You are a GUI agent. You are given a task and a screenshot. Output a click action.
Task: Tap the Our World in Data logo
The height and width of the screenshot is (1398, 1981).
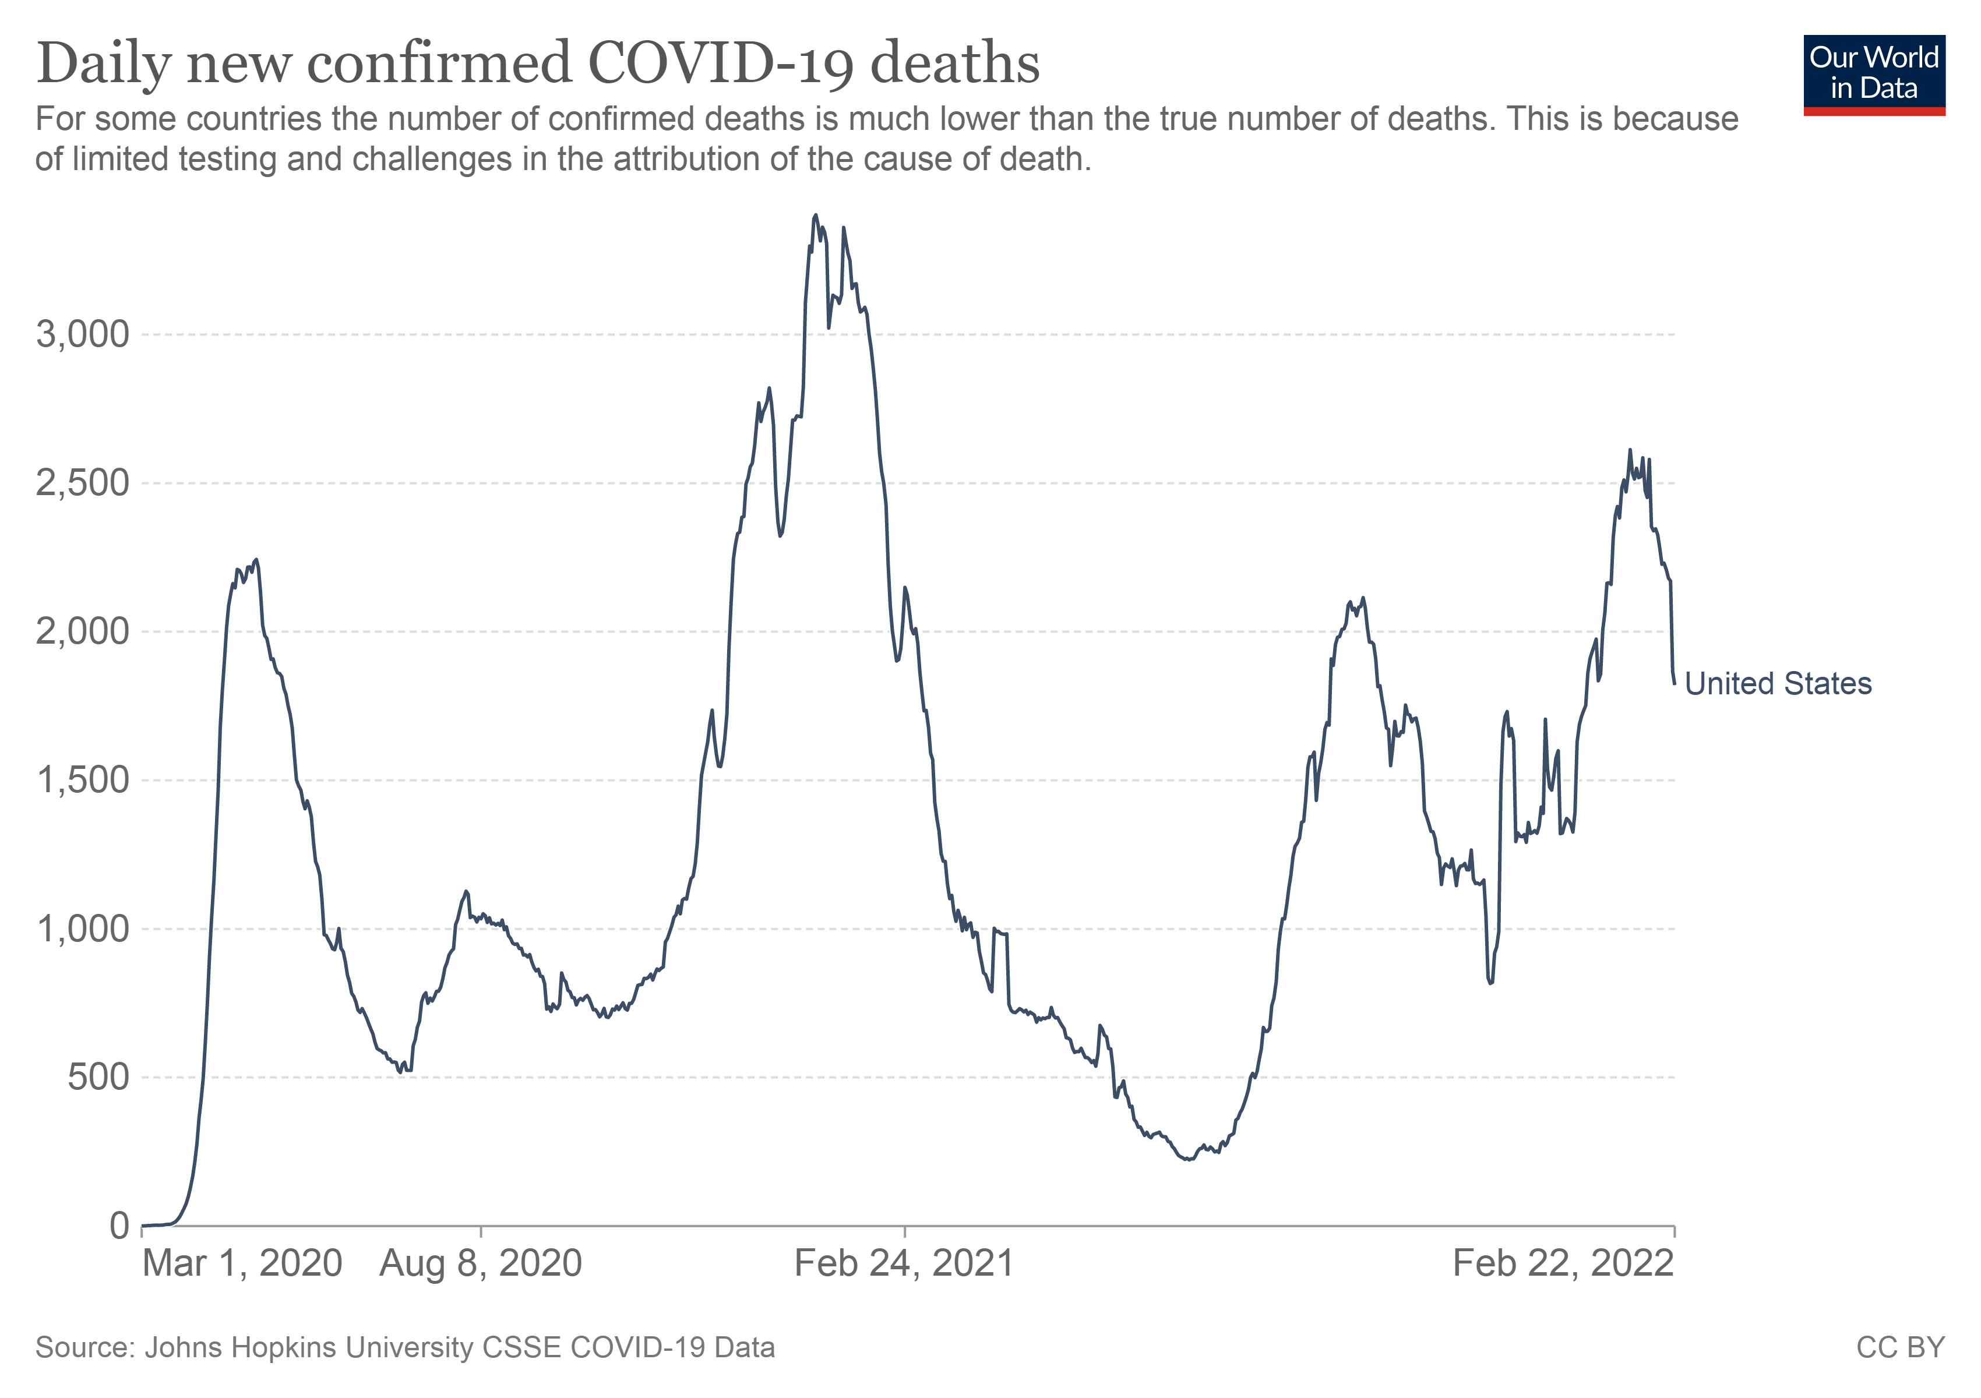tap(1874, 74)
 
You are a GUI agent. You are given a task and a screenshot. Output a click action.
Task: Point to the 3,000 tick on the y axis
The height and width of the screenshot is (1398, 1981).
tap(83, 334)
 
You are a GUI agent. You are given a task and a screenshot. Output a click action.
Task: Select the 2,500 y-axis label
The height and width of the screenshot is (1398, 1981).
tap(83, 483)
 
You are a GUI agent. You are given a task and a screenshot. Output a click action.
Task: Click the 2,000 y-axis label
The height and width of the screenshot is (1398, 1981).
tap(83, 631)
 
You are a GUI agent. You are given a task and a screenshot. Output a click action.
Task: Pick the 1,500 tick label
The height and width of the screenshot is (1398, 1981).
tap(83, 781)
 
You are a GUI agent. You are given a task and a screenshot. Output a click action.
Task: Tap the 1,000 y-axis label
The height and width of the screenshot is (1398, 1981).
tap(83, 929)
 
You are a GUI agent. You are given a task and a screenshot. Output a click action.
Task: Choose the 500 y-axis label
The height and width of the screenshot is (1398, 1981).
tap(98, 1077)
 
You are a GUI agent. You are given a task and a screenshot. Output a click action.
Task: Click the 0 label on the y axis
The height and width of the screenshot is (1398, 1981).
tap(119, 1226)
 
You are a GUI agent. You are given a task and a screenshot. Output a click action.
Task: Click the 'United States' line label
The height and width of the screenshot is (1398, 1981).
tap(1778, 684)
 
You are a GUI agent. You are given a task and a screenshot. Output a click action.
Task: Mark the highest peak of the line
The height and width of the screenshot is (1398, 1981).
tap(815, 216)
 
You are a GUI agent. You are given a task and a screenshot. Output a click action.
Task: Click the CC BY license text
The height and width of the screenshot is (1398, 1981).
tap(1900, 1348)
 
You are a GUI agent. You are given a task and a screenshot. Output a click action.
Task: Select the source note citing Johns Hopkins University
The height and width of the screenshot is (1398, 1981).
tap(405, 1348)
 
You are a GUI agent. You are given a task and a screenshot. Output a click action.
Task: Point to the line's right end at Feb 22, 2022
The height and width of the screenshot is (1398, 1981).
tap(1674, 684)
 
